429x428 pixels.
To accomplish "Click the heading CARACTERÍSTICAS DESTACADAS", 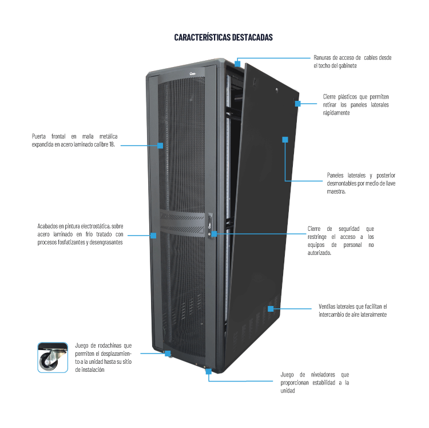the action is [x=223, y=37].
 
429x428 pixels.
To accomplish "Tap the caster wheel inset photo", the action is [x=53, y=358].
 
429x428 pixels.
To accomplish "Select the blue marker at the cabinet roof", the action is [x=237, y=64].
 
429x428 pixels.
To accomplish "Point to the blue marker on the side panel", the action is [x=285, y=140].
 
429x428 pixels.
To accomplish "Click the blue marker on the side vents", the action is [x=271, y=309].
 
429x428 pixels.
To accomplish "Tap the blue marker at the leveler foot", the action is [x=208, y=371].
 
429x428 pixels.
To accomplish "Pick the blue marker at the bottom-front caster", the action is [x=168, y=354].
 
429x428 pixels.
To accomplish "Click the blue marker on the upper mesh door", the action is [x=160, y=146].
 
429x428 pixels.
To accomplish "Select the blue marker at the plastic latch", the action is [x=297, y=104].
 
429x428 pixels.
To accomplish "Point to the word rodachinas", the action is [x=109, y=345].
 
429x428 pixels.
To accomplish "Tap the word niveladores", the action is [x=323, y=375].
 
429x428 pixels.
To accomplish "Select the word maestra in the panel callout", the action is [x=336, y=191].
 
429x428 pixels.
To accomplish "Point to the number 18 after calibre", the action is [x=112, y=144].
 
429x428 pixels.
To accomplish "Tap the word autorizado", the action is [x=319, y=253].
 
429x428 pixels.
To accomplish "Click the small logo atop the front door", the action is [x=192, y=74].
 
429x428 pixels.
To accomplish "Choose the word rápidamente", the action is [x=336, y=113].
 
